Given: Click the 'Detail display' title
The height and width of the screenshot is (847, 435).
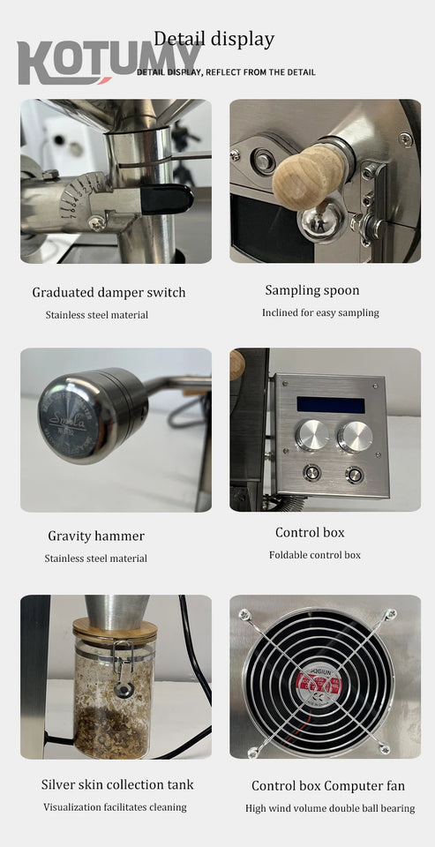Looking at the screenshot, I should click(214, 39).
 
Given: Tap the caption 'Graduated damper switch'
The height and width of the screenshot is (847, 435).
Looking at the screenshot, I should click(109, 292).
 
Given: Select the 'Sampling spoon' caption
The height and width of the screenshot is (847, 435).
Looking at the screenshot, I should click(312, 290).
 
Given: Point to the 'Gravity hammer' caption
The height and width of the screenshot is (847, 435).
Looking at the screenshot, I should click(96, 536).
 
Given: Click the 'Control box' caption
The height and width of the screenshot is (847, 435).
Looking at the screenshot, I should click(310, 532).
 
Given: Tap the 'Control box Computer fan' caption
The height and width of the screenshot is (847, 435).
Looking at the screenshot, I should click(328, 785).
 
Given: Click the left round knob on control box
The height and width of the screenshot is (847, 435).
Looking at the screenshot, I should click(312, 435).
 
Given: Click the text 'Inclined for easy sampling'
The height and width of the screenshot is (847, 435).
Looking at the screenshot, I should click(320, 312).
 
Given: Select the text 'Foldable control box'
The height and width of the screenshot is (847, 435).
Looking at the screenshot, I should click(315, 555).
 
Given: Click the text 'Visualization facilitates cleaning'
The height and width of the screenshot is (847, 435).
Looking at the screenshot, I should click(115, 806).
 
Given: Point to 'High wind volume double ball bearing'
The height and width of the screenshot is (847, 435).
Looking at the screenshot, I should click(330, 808).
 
